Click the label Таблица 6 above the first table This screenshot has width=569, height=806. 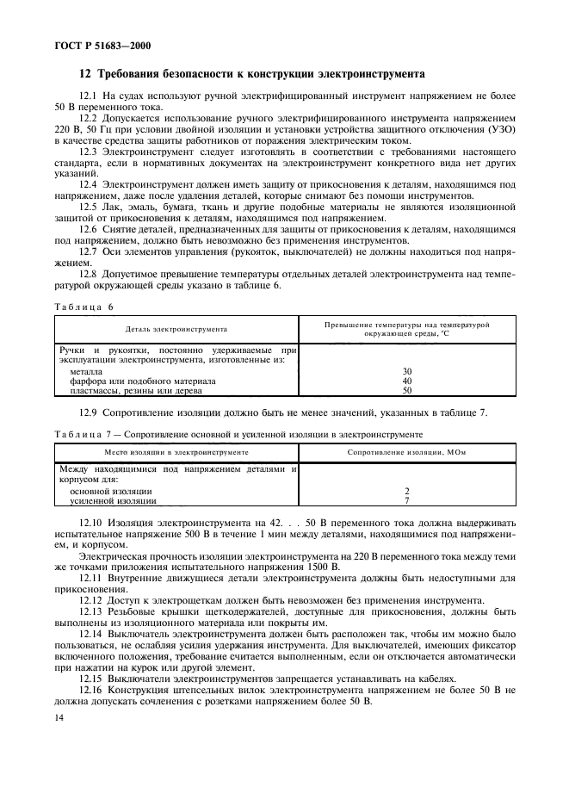click(x=84, y=307)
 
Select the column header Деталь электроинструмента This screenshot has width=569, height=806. click(x=176, y=329)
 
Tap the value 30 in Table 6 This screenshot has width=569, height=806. click(x=406, y=371)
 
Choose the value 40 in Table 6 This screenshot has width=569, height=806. click(x=406, y=381)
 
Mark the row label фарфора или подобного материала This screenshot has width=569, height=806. click(x=142, y=381)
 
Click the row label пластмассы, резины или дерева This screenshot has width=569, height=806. click(x=136, y=390)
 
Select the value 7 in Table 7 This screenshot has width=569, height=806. click(x=406, y=500)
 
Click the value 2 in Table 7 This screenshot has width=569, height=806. click(x=406, y=491)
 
